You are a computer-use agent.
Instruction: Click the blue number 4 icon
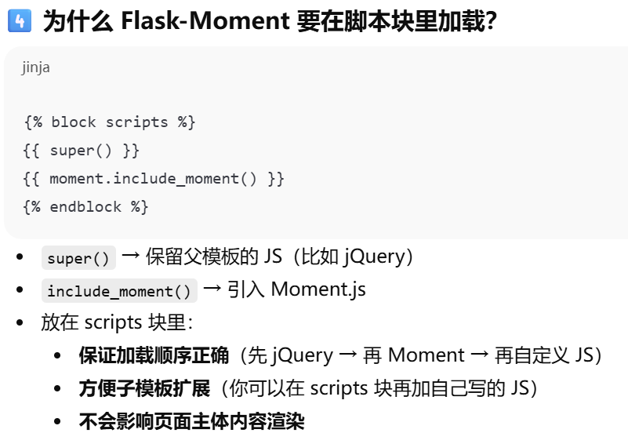click(x=18, y=21)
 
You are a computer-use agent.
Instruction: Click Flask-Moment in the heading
click(x=205, y=20)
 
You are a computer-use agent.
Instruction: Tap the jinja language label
click(x=35, y=67)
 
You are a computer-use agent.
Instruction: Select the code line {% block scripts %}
click(x=110, y=122)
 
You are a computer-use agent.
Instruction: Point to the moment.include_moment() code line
click(x=154, y=179)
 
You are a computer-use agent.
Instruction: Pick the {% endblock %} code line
click(x=85, y=207)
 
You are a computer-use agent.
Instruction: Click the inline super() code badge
click(x=78, y=258)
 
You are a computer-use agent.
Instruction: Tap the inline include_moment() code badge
click(x=119, y=291)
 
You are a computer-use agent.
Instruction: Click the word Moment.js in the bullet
click(x=318, y=289)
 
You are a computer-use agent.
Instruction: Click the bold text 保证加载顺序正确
click(x=154, y=355)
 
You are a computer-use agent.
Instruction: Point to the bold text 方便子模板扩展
click(x=145, y=388)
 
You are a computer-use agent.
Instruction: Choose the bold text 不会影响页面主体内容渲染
click(x=191, y=421)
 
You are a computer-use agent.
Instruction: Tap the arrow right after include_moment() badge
click(x=212, y=289)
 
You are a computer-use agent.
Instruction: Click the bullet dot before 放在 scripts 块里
click(x=20, y=323)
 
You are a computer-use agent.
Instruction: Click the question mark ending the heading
click(x=492, y=21)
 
